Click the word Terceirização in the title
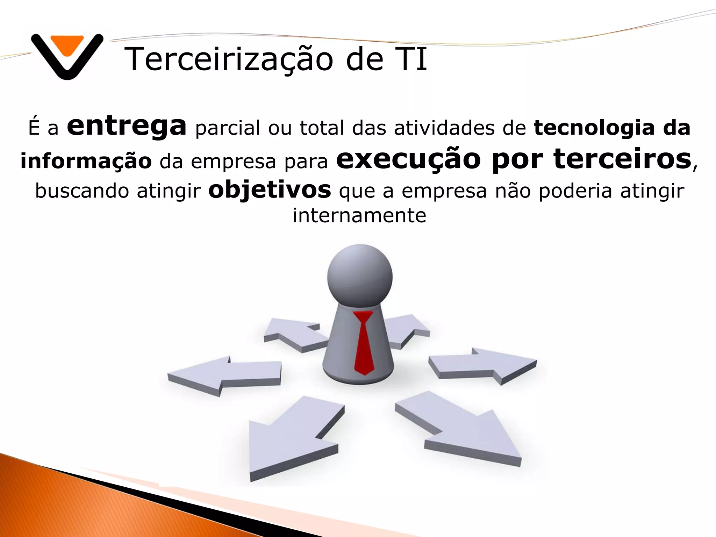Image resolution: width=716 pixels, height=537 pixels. click(x=229, y=59)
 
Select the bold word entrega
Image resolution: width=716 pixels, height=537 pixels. click(x=127, y=127)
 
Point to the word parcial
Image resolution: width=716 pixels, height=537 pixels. click(x=228, y=128)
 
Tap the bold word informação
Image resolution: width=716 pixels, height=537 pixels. click(x=86, y=161)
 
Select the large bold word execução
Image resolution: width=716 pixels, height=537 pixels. click(x=408, y=159)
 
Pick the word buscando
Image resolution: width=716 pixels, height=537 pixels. click(x=82, y=191)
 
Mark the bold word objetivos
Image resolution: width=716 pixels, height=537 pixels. click(x=270, y=190)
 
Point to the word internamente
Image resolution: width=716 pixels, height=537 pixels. click(x=359, y=215)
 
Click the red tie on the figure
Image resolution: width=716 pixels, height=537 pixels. click(x=364, y=343)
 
